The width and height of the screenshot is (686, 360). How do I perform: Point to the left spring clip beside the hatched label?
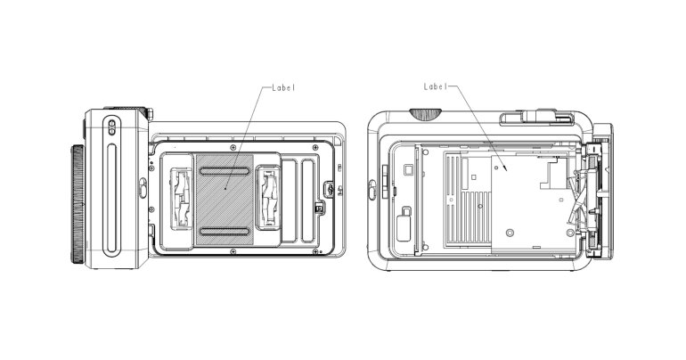pyautogui.click(x=182, y=197)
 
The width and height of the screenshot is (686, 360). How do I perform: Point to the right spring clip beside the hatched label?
pyautogui.click(x=268, y=197)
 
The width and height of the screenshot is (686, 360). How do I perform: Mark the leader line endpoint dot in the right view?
pyautogui.click(x=506, y=166)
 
